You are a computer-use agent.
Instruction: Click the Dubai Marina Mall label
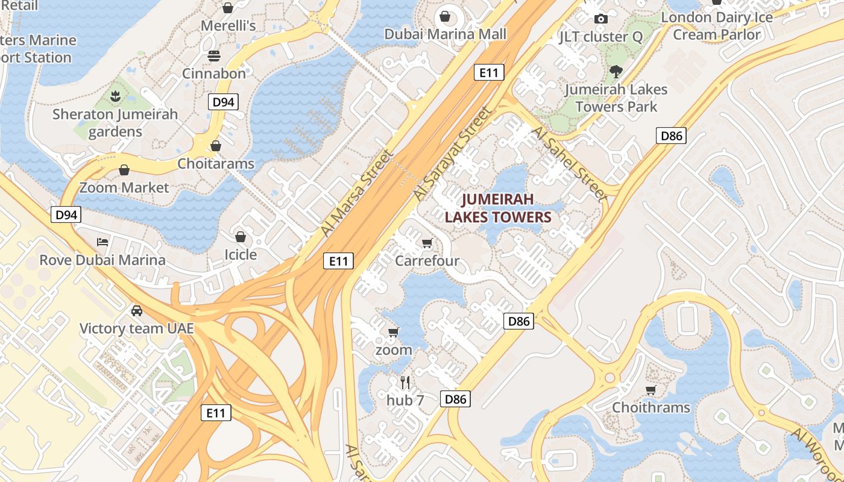446,34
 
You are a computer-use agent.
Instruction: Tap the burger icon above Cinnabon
215,56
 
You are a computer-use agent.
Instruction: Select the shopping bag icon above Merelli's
228,8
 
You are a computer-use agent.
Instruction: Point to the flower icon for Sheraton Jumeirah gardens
115,96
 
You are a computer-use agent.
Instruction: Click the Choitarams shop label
216,163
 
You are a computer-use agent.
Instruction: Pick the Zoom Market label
124,187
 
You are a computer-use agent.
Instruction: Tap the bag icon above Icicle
241,237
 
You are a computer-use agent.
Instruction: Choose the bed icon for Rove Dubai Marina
102,242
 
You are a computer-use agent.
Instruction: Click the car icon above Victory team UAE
137,311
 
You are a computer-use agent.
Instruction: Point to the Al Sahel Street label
569,163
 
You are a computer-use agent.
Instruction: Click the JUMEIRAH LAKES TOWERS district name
499,208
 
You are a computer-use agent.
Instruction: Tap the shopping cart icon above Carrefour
427,243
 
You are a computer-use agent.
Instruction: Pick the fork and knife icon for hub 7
405,383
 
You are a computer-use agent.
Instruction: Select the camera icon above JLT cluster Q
600,19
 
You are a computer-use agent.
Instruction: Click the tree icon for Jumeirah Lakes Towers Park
616,72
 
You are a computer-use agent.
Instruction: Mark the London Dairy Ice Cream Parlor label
717,26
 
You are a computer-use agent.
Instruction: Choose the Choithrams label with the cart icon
651,407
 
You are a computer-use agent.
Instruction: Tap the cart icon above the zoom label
394,332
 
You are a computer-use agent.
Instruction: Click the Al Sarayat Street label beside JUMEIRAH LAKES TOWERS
452,155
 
